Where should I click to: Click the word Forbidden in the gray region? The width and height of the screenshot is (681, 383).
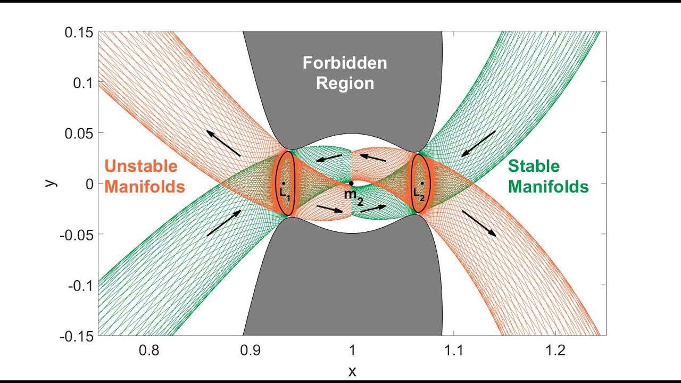pyautogui.click(x=345, y=63)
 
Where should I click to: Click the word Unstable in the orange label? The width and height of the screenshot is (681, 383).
pyautogui.click(x=141, y=166)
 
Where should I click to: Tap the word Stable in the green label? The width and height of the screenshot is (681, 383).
pyautogui.click(x=534, y=166)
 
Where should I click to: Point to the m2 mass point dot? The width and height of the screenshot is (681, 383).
pyautogui.click(x=351, y=184)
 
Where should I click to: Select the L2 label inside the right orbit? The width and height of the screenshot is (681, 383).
pyautogui.click(x=419, y=194)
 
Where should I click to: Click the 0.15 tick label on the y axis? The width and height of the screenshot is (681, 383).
pyautogui.click(x=79, y=32)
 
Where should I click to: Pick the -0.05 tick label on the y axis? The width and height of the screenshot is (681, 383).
pyautogui.click(x=77, y=235)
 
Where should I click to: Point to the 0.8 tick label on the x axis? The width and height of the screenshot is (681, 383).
pyautogui.click(x=149, y=351)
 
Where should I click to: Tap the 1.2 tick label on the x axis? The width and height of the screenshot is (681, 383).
pyautogui.click(x=555, y=351)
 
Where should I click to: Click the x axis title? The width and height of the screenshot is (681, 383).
pyautogui.click(x=352, y=371)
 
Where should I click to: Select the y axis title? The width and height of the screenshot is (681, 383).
pyautogui.click(x=51, y=183)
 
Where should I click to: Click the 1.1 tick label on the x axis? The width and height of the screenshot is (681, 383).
pyautogui.click(x=454, y=351)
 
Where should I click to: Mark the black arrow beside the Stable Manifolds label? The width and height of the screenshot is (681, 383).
pyautogui.click(x=478, y=144)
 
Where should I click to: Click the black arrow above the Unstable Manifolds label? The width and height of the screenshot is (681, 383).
pyautogui.click(x=223, y=143)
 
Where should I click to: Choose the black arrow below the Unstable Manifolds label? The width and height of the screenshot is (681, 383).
pyautogui.click(x=224, y=223)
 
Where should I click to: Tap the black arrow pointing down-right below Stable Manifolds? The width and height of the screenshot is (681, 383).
pyautogui.click(x=479, y=223)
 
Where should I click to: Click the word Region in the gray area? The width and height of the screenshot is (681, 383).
pyautogui.click(x=345, y=84)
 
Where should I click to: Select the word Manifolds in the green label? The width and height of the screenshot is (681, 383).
pyautogui.click(x=549, y=186)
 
